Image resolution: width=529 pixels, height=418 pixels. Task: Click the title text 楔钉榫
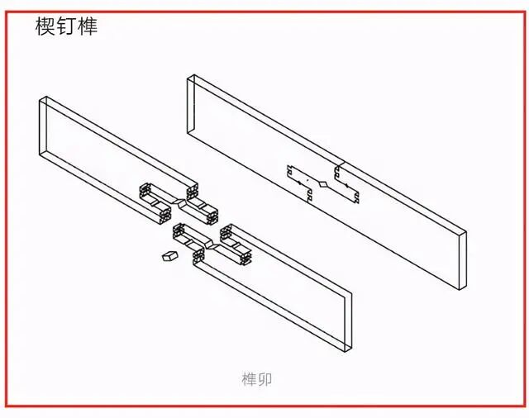pyautogui.click(x=66, y=26)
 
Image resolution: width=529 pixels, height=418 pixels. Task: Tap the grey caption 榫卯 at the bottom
pyautogui.click(x=257, y=380)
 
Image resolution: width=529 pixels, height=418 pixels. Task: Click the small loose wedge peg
pyautogui.click(x=170, y=256)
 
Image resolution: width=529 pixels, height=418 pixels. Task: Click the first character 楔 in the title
pyautogui.click(x=45, y=26)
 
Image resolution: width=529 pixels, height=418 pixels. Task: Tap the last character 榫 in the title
pyautogui.click(x=88, y=26)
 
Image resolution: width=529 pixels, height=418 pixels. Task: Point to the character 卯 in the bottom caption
pyautogui.click(x=265, y=380)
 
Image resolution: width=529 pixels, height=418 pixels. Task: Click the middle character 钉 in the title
pyautogui.click(x=66, y=26)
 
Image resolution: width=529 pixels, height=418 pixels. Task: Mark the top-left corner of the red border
pyautogui.click(x=7, y=12)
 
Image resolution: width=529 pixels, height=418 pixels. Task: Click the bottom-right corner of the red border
pyautogui.click(x=523, y=406)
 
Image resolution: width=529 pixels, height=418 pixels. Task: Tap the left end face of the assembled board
pyautogui.click(x=191, y=105)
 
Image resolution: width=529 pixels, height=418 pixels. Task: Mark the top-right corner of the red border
pyautogui.click(x=523, y=12)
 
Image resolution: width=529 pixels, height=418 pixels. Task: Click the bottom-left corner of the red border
pyautogui.click(x=7, y=406)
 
